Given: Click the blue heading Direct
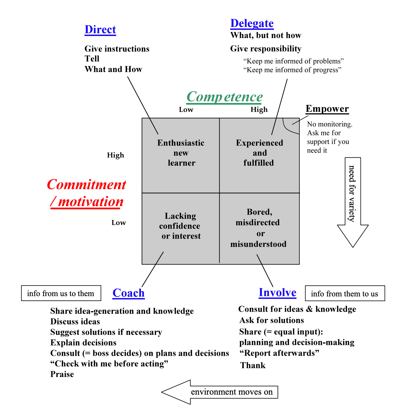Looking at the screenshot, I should [100, 30].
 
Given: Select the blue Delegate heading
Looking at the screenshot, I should [252, 23].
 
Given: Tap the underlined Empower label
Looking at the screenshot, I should [327, 109].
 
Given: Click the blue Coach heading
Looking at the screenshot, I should [128, 293].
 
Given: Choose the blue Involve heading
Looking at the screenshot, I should [277, 292].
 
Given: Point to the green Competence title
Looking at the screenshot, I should [225, 97].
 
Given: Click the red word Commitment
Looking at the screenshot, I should [86, 185].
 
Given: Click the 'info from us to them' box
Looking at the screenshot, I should [61, 293].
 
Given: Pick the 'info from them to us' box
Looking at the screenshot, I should [345, 294].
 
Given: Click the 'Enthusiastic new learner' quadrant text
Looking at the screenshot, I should [181, 153].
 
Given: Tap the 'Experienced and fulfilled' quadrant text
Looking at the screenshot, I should [259, 153].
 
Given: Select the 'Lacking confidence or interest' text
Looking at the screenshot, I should [181, 226].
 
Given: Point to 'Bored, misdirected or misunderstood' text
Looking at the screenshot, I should [258, 228].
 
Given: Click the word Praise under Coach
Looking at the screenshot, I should [62, 374].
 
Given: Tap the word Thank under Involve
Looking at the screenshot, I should [253, 365].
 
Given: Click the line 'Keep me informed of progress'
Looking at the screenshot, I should [292, 70].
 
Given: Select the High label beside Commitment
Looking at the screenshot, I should [115, 155].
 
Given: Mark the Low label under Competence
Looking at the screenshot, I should [186, 110].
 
